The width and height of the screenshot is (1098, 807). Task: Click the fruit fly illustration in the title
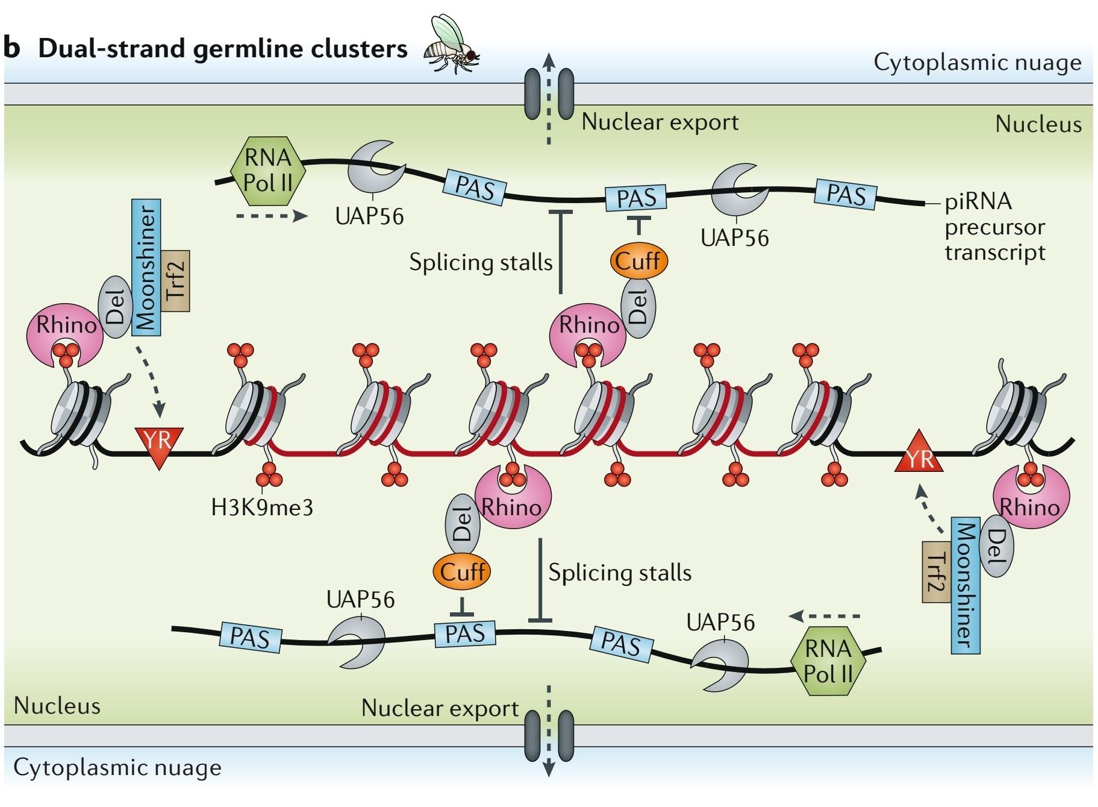click(x=452, y=45)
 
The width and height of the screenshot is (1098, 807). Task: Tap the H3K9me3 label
click(x=262, y=507)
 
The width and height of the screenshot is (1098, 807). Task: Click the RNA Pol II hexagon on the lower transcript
click(x=828, y=662)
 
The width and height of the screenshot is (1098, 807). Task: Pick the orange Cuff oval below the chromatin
click(x=462, y=571)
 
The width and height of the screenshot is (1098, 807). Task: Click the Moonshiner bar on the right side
click(x=965, y=585)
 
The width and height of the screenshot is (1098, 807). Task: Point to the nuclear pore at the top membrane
click(x=549, y=94)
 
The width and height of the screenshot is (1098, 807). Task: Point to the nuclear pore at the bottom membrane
click(x=549, y=735)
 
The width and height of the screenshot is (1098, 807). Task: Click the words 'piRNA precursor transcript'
click(x=994, y=227)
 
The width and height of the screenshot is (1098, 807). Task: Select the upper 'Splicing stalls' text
click(x=481, y=262)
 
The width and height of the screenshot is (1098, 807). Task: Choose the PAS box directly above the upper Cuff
click(x=636, y=197)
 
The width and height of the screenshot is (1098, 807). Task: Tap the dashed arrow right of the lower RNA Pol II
click(x=825, y=616)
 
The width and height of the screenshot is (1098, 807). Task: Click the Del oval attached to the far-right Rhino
click(x=997, y=545)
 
